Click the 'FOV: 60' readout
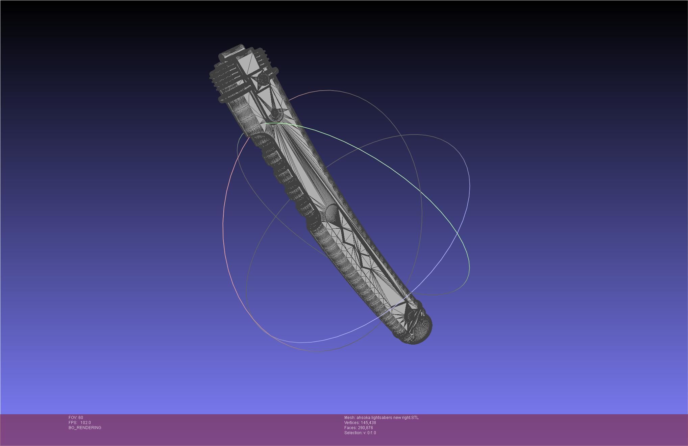tap(76, 418)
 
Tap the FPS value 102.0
tap(85, 423)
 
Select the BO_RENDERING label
tap(85, 428)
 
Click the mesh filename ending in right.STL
tap(387, 418)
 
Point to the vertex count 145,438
tap(368, 423)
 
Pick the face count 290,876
tap(365, 428)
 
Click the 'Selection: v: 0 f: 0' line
tap(360, 433)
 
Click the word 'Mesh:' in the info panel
tap(349, 418)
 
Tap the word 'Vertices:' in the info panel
tap(352, 423)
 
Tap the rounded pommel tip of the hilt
tap(421, 329)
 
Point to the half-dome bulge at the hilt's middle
tap(331, 213)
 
